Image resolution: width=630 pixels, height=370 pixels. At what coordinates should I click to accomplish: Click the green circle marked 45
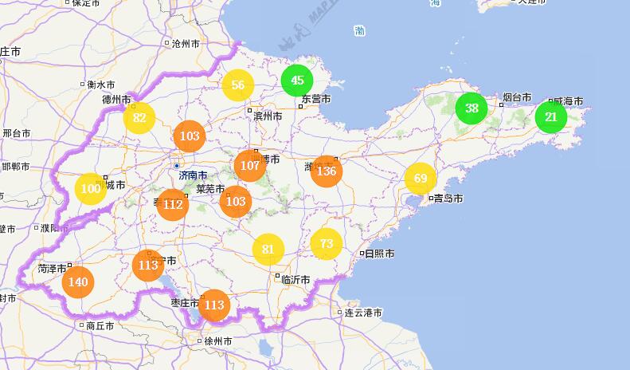click(297, 80)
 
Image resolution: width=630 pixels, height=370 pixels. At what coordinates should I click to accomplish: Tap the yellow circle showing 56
click(237, 85)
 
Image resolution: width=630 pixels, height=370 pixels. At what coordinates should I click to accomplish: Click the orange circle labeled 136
click(327, 171)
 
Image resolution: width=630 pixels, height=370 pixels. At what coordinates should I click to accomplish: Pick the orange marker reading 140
click(78, 282)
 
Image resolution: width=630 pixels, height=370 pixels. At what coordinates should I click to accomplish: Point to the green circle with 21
click(550, 117)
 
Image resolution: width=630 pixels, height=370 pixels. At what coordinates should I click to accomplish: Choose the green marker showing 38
click(472, 108)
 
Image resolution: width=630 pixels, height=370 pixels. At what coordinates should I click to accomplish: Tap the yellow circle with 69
click(421, 179)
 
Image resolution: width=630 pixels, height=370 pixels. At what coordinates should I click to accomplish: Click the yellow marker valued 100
click(91, 189)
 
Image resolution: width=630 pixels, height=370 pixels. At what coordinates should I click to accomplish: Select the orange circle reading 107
click(250, 166)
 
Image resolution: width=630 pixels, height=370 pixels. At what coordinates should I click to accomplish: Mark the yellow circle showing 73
click(326, 243)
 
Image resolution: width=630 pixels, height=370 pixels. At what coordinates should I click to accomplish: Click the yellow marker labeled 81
click(268, 250)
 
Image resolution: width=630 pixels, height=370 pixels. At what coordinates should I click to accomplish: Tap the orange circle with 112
click(173, 205)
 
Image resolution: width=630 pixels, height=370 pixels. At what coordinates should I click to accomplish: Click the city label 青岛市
click(448, 199)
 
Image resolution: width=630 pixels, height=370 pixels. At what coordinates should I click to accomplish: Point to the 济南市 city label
click(194, 175)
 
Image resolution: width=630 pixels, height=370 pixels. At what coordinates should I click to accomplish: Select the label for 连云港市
click(365, 313)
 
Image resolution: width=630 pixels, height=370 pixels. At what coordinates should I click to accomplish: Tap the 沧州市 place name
click(188, 44)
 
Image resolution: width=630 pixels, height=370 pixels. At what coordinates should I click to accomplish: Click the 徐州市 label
click(218, 341)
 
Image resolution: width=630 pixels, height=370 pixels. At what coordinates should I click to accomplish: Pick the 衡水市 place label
click(101, 85)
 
